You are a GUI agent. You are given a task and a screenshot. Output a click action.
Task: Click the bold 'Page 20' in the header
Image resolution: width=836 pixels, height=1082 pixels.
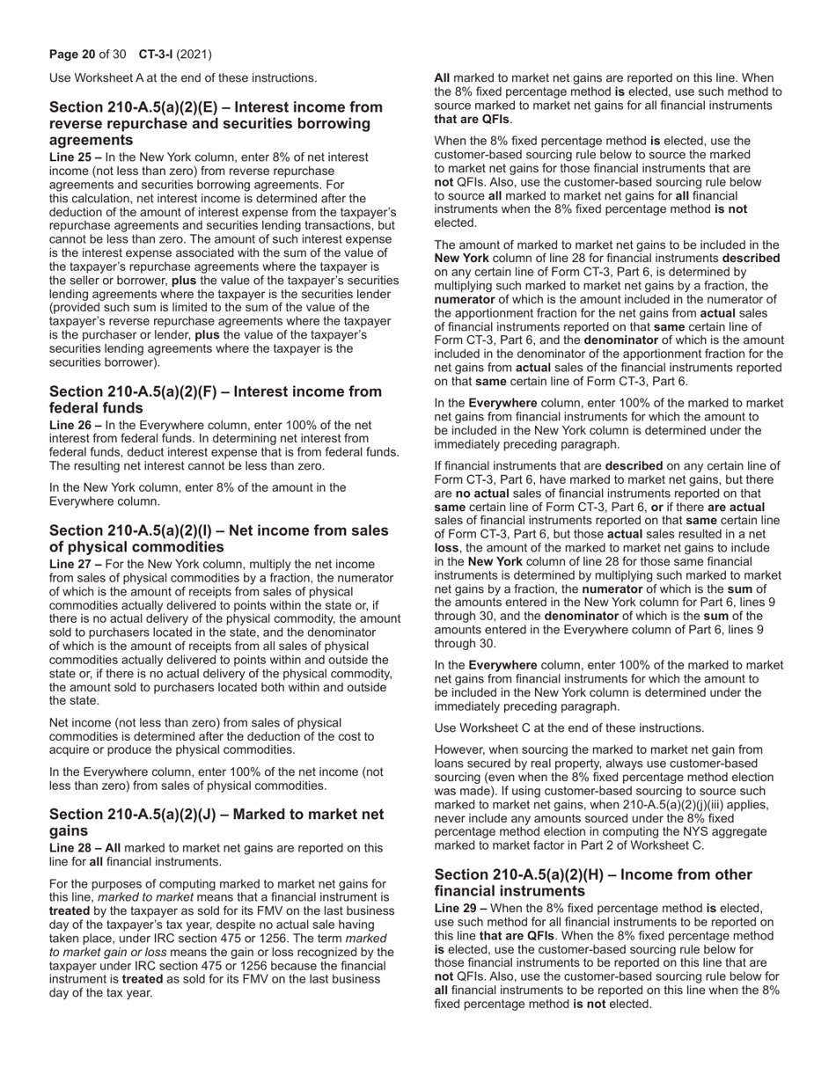click(72, 55)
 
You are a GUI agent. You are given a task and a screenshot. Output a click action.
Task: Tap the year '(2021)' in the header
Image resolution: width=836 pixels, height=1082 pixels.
click(194, 55)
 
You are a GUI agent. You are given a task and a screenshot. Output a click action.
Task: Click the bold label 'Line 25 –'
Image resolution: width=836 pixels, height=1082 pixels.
click(75, 157)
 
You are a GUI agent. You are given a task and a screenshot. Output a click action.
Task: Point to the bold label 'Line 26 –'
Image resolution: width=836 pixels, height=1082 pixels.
click(75, 424)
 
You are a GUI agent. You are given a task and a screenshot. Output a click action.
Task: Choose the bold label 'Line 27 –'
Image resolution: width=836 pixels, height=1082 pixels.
click(75, 563)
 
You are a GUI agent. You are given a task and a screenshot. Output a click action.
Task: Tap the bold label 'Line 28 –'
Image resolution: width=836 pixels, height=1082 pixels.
click(75, 848)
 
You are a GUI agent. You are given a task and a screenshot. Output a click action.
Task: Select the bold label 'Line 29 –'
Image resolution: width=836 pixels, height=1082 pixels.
click(460, 908)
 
